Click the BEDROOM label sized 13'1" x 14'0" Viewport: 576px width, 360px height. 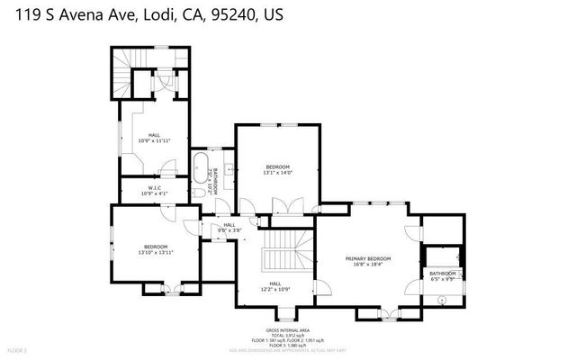click(278, 166)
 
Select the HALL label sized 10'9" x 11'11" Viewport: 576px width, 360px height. click(154, 135)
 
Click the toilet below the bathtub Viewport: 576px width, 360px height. click(198, 193)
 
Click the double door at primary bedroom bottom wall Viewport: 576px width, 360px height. click(388, 312)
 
